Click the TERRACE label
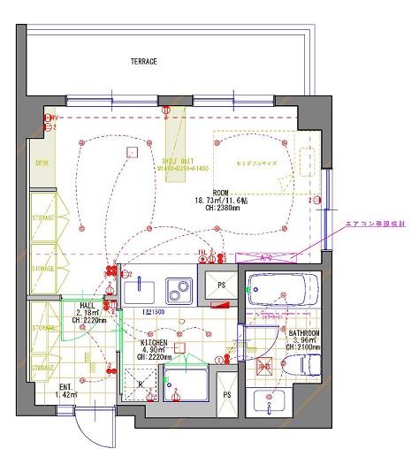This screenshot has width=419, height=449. (143, 62)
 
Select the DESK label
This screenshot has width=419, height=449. (41, 164)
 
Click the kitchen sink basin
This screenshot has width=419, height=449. (142, 290)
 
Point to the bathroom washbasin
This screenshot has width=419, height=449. (269, 401)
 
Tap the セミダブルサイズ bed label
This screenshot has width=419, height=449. (257, 165)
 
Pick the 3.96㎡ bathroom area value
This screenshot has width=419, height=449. (303, 340)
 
